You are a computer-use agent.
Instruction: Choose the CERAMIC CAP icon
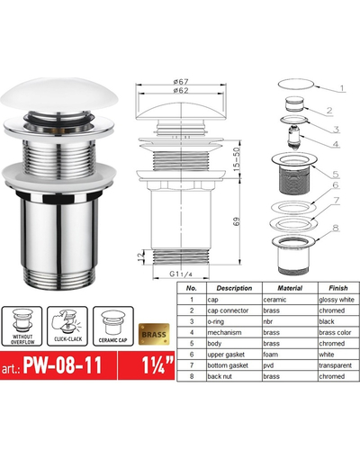point(115,324)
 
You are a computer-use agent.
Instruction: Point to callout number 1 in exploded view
point(342,89)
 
